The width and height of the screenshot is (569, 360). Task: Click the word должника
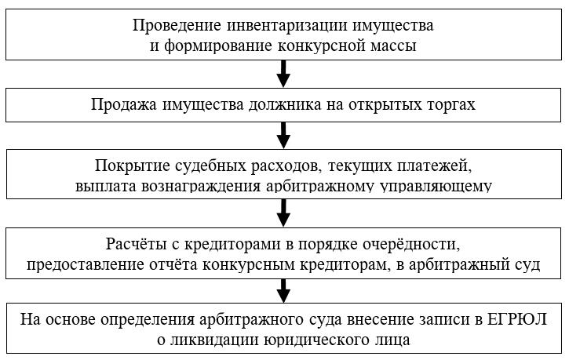click(285, 105)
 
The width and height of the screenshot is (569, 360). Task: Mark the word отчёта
click(173, 264)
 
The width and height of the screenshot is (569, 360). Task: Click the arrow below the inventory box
click(283, 74)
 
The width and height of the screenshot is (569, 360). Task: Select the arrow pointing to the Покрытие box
click(283, 135)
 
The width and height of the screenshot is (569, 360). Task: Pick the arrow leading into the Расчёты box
click(283, 213)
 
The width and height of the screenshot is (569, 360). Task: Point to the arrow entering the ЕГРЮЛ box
click(283, 291)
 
